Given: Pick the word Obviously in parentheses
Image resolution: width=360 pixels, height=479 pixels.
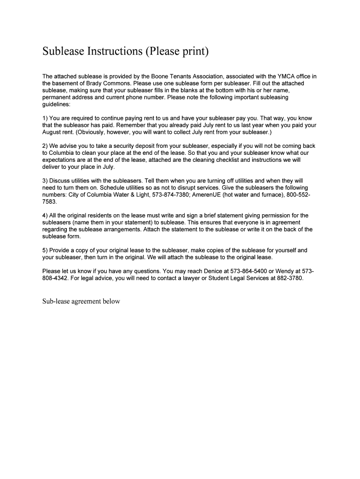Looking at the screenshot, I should (x=93, y=132).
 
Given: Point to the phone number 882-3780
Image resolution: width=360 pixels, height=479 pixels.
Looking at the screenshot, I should (x=287, y=278).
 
